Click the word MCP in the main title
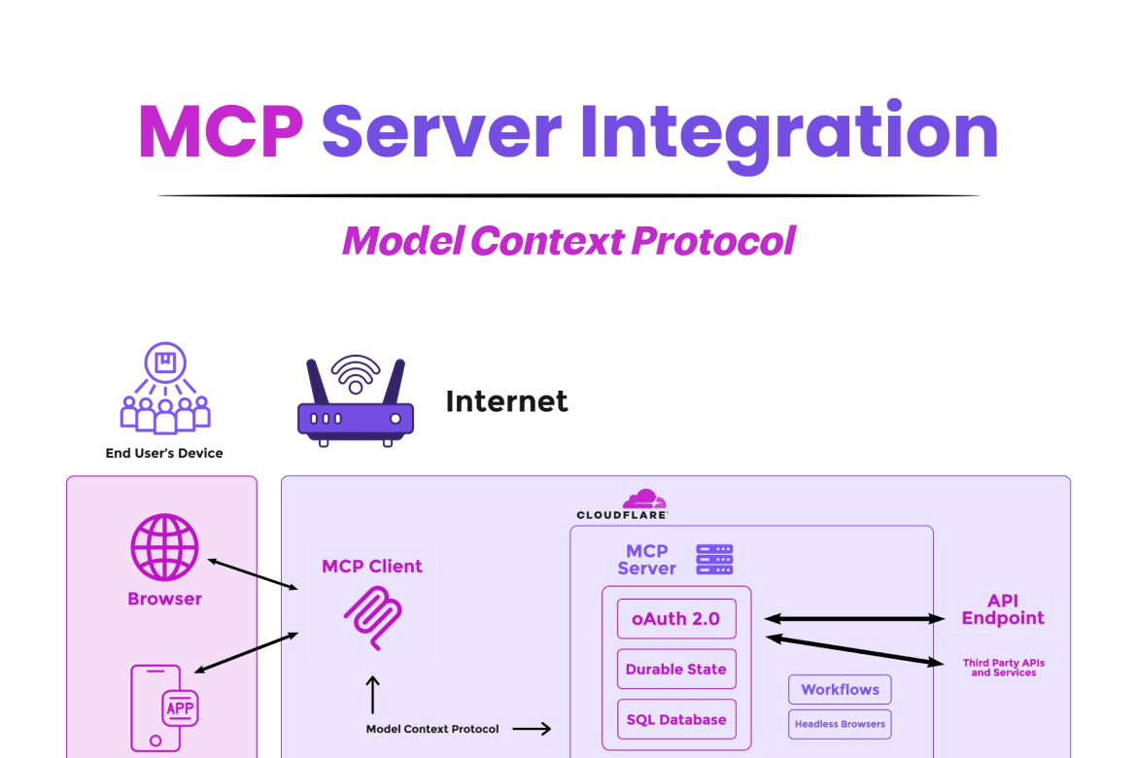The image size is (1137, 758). tap(221, 132)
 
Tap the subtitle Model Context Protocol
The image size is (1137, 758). tap(568, 240)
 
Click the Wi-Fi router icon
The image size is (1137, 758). tap(356, 401)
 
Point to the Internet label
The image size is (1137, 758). tap(506, 401)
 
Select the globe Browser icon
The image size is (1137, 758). tap(165, 548)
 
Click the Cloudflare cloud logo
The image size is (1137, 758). tap(644, 500)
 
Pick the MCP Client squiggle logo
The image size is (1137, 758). tap(372, 619)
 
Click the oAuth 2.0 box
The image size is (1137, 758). tap(676, 618)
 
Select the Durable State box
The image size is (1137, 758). tap(676, 669)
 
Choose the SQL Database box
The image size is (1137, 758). tap(676, 720)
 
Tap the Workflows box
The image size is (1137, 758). tap(840, 689)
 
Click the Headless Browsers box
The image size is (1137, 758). tap(840, 724)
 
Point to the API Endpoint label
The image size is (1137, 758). tap(1003, 609)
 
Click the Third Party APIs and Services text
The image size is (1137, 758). tap(1004, 668)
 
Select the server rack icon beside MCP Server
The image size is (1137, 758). tap(714, 560)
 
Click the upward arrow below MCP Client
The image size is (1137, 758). tap(372, 695)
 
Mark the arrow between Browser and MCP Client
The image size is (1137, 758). tap(253, 573)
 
